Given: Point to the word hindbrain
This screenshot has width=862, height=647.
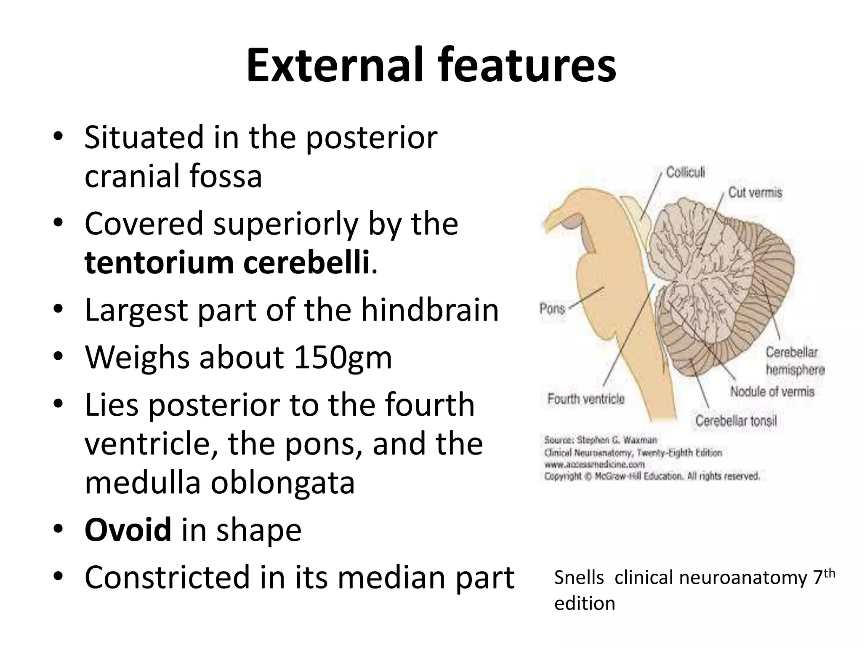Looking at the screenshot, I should click(x=430, y=310).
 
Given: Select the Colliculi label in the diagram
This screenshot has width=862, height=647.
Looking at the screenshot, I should click(x=685, y=173).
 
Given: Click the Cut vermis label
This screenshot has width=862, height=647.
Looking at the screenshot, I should click(x=755, y=193).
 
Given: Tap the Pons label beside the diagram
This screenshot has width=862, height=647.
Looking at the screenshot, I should click(x=552, y=309).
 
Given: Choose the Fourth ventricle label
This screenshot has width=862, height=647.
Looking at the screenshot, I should click(x=586, y=399).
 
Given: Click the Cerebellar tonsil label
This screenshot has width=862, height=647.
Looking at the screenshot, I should click(x=736, y=420).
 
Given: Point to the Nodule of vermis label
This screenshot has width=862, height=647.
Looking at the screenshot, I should click(x=772, y=392).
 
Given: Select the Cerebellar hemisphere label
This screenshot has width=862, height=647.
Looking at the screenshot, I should click(x=794, y=361).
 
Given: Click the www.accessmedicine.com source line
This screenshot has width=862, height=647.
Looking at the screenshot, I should click(x=594, y=465).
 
